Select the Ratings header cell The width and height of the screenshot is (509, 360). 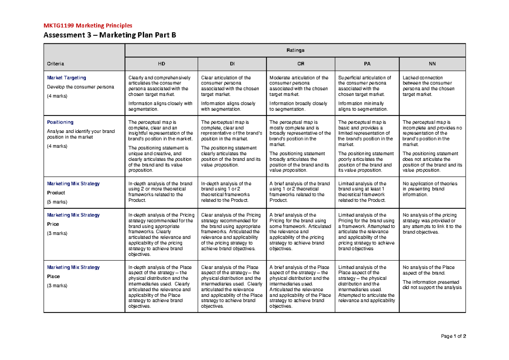tap(295, 50)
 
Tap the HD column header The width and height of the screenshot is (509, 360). tap(162, 64)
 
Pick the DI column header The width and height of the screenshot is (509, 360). tap(232, 64)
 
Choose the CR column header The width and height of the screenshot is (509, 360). tap(301, 64)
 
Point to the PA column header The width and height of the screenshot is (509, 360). tap(367, 64)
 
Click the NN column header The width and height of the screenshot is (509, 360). tap(432, 64)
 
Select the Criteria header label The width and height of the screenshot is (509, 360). tap(56, 64)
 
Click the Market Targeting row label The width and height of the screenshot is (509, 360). tap(66, 78)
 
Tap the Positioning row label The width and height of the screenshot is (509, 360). tap(60, 122)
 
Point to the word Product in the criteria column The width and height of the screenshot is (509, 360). tap(56, 193)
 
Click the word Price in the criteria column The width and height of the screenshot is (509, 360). tap(53, 224)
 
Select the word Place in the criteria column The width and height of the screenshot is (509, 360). tap(53, 276)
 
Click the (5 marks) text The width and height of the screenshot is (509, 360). tap(57, 202)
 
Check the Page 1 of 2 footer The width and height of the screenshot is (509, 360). tap(453, 336)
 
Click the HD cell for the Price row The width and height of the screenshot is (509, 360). tap(161, 235)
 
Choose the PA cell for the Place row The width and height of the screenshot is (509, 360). tap(367, 284)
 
